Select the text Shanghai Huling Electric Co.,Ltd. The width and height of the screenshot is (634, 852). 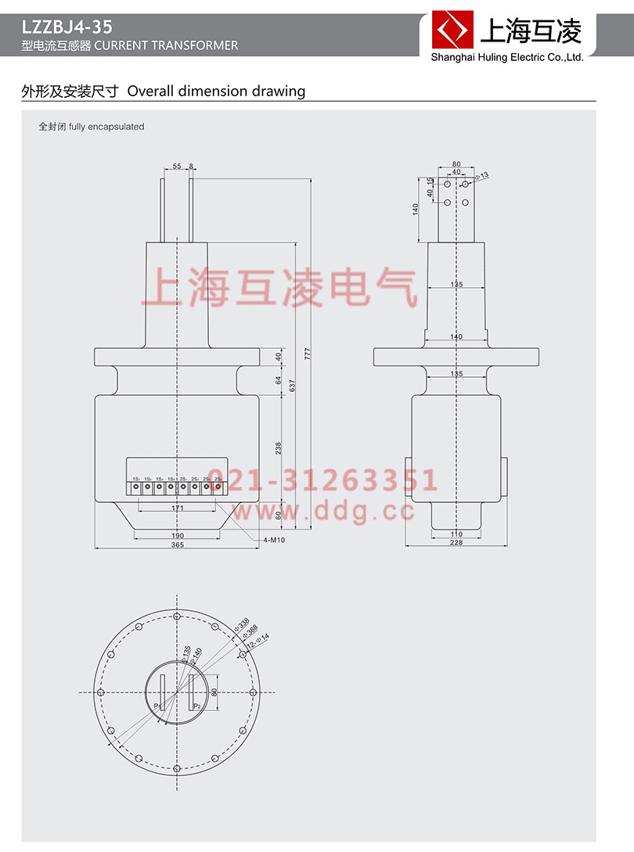tap(507, 57)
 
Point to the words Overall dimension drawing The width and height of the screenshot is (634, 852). tap(216, 91)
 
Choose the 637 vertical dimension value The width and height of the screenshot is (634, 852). tap(293, 386)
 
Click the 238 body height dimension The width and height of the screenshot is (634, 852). tap(278, 448)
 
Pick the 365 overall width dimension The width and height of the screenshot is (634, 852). tap(177, 545)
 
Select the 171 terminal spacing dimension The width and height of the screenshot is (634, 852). tap(177, 508)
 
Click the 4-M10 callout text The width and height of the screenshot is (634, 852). tap(274, 540)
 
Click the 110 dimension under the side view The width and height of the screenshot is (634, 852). tap(456, 534)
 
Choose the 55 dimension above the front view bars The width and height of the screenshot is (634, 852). tap(176, 167)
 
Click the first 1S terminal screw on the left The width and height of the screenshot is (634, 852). tap(136, 487)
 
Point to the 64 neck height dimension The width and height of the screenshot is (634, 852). tap(278, 380)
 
